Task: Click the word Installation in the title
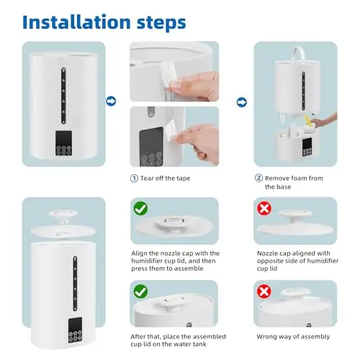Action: point(76,22)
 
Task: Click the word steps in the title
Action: point(161,24)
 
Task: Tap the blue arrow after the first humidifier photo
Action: point(111,101)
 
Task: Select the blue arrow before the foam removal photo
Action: point(242,102)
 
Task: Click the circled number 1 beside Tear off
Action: point(134,179)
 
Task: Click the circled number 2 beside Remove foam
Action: point(258,178)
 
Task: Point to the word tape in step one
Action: point(184,179)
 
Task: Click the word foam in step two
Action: point(298,178)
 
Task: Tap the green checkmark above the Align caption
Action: point(140,208)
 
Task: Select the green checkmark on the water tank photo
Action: point(140,292)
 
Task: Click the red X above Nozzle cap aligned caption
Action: point(264,208)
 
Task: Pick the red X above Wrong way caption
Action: point(264,292)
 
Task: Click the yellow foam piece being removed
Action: point(308,120)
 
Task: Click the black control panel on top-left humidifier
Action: point(64,143)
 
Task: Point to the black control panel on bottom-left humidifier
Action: point(75,330)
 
